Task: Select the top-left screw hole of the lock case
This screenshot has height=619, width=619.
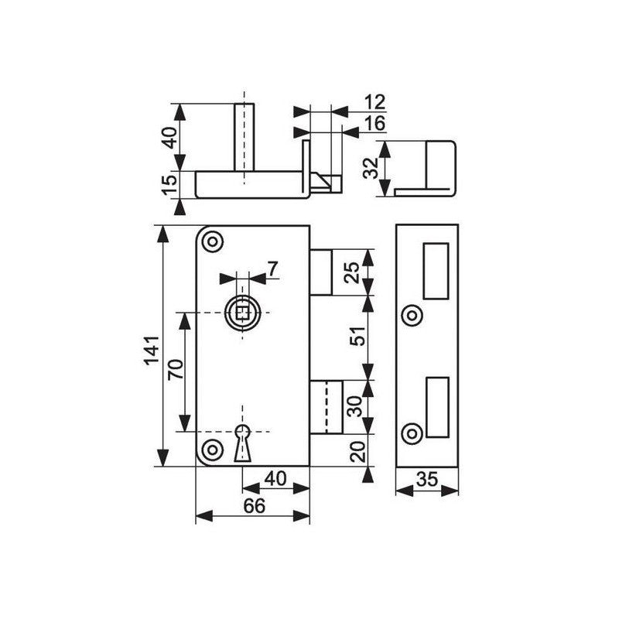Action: point(213,241)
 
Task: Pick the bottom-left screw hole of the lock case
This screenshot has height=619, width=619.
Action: point(213,450)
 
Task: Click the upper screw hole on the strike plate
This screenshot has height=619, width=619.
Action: point(412,316)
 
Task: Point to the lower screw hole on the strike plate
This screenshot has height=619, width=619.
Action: point(412,433)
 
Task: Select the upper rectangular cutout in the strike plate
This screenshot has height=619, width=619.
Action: point(436,271)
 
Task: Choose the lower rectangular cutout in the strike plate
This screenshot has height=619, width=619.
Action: point(437,407)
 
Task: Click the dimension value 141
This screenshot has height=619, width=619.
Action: point(152,351)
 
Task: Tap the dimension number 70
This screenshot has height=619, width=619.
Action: point(176,369)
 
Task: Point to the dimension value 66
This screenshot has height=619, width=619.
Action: point(255,506)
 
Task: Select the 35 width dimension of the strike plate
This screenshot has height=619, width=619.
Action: point(427,479)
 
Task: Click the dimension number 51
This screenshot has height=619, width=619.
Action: point(358,336)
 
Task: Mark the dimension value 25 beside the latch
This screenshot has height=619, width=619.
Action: point(351,272)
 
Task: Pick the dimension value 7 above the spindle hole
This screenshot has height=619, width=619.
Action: point(273,268)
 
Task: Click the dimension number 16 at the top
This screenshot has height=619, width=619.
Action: point(374,124)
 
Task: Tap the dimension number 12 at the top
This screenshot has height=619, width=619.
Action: point(374,102)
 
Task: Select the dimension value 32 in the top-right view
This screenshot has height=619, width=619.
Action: point(370,168)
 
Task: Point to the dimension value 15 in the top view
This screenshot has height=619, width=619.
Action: point(169,184)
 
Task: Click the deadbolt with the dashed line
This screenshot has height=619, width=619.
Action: point(326,407)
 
